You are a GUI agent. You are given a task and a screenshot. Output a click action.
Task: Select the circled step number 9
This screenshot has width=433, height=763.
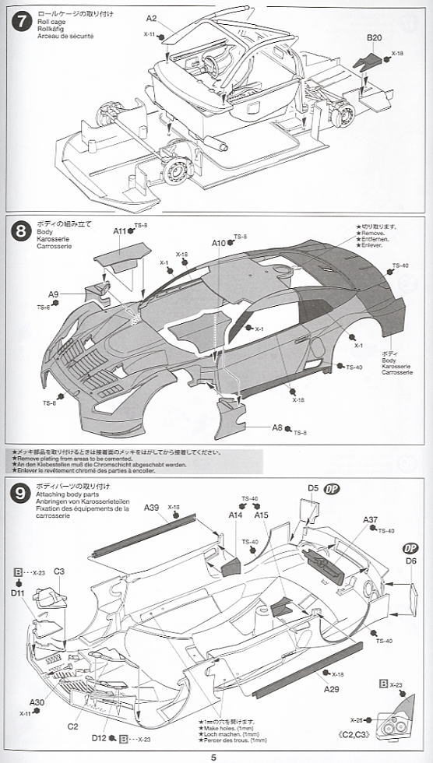pos(18,492)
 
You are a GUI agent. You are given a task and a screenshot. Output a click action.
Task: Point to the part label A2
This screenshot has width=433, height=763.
pos(151,18)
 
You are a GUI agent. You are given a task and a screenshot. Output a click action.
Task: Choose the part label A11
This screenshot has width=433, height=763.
pos(119,231)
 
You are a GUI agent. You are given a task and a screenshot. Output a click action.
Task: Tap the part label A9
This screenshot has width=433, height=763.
pos(53,294)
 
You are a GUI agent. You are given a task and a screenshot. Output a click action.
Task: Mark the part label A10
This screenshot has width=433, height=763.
pos(219,243)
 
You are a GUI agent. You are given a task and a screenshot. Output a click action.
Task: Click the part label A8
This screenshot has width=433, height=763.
pos(277,427)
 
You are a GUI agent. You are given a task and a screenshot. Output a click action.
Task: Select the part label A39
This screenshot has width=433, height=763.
pos(151,508)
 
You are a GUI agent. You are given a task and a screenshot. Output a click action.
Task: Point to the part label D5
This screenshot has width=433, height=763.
pos(313,488)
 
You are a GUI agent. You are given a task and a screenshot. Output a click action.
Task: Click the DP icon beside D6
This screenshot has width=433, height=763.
pos(410,548)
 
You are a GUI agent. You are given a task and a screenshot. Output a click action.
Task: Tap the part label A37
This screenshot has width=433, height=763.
pos(370,520)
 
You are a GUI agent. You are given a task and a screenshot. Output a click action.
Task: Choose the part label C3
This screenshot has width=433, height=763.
pos(59,571)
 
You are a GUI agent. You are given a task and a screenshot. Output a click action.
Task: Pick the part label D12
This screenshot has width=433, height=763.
pos(99,737)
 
